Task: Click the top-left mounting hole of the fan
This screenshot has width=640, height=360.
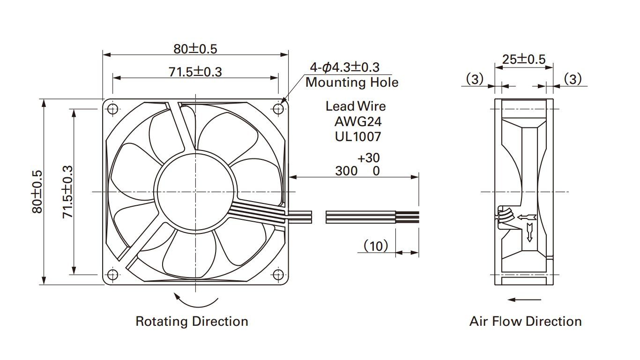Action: coord(113,109)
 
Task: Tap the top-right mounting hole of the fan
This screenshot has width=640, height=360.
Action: coord(279,109)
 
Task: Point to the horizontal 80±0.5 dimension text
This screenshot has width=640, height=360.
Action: coord(195,48)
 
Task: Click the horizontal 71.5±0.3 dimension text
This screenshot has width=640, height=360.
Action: coord(195,72)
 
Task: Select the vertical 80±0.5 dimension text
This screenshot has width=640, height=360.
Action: coord(37,191)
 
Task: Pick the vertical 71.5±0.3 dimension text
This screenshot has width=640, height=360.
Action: coord(68,191)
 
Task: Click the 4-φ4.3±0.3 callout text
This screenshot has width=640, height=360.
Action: coord(344,67)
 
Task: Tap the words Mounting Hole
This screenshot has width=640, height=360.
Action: coord(352,82)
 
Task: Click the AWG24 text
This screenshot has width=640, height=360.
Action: coord(358,122)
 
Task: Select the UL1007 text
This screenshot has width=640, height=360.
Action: coord(358,137)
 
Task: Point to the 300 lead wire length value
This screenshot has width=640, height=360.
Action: coord(346,171)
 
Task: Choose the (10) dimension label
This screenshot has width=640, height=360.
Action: coord(376,246)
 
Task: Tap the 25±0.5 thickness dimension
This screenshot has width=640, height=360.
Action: coord(524,59)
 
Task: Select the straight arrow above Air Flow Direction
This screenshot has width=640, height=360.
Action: coord(524,300)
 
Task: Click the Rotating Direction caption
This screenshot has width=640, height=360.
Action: coord(192,322)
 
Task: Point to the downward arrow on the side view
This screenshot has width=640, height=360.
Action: coord(530,232)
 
